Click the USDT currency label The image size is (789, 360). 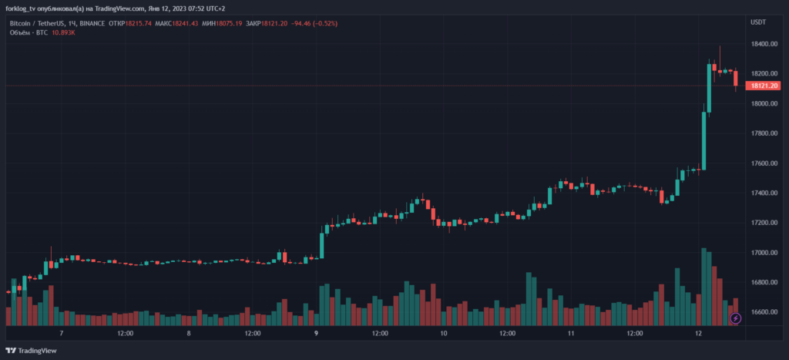click(x=758, y=22)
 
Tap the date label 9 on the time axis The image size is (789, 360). click(x=317, y=334)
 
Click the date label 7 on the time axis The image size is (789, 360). click(x=61, y=334)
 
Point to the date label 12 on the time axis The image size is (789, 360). click(x=698, y=334)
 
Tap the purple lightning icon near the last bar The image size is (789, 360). click(x=735, y=318)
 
